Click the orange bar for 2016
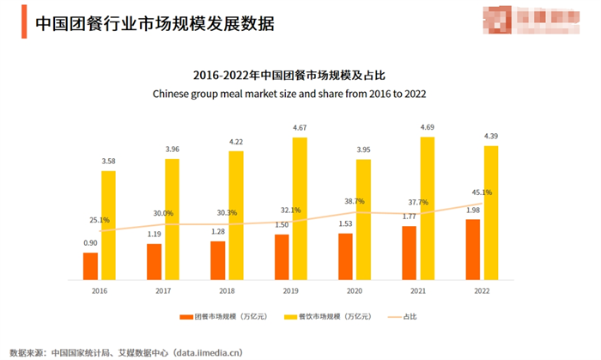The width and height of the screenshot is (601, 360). [90, 265]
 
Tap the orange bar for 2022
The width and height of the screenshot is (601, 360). [472, 249]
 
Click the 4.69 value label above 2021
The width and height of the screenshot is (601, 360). [427, 128]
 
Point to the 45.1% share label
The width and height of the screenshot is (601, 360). [482, 192]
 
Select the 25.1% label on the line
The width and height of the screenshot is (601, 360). [100, 220]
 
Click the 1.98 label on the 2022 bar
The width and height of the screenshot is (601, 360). [472, 211]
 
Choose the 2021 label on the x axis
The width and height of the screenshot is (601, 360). [417, 291]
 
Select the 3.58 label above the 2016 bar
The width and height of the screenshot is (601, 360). [108, 162]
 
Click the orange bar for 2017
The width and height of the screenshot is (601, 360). [154, 261]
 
